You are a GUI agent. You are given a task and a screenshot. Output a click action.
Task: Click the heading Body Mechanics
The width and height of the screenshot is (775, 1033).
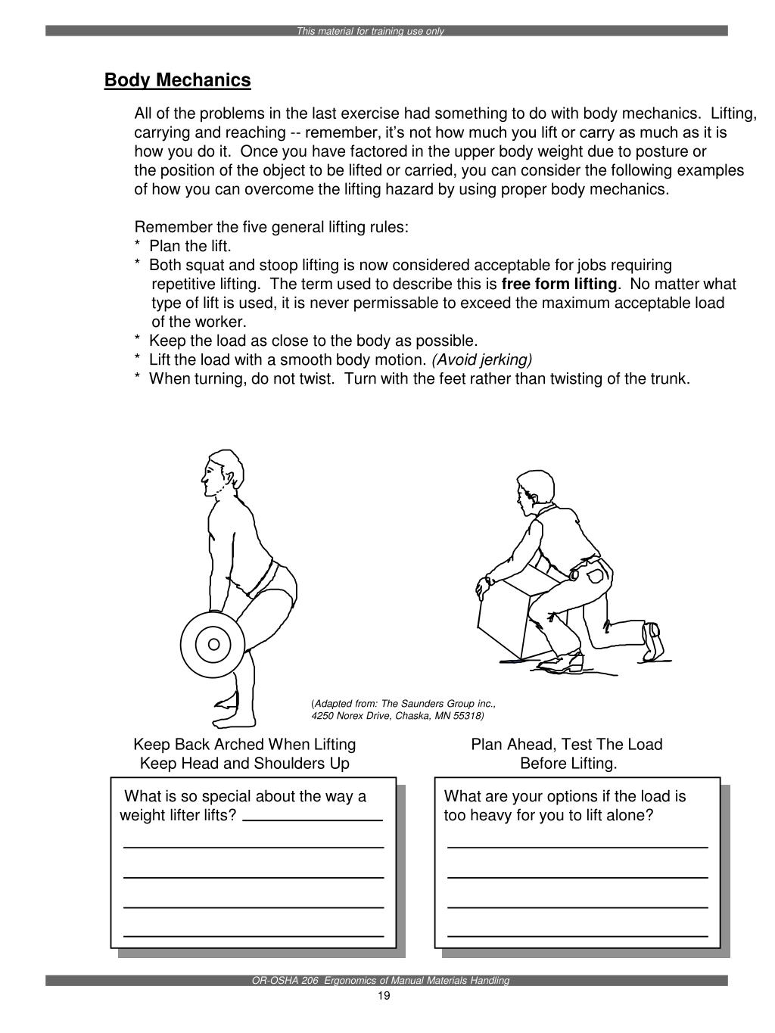[177, 80]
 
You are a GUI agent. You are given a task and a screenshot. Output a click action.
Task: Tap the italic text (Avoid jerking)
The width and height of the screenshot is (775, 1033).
[482, 360]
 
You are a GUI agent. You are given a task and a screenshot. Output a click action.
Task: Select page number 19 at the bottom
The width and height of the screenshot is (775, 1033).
[383, 996]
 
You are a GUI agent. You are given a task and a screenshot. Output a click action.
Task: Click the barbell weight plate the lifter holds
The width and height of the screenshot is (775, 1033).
[213, 644]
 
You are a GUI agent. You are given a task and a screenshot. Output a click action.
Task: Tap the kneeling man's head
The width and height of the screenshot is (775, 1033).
[534, 488]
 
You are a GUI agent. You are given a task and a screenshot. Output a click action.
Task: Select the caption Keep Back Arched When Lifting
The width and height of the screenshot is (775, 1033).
[244, 745]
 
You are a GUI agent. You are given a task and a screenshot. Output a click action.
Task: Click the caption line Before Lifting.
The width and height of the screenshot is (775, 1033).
[568, 764]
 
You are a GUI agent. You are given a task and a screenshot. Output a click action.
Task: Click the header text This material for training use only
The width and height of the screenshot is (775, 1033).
[370, 32]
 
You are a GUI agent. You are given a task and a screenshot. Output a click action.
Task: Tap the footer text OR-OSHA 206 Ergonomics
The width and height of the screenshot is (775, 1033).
[381, 981]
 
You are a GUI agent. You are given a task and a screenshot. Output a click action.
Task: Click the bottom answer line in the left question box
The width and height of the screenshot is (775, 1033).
[254, 936]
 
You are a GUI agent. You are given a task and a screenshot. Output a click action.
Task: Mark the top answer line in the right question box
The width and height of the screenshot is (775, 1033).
[577, 847]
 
